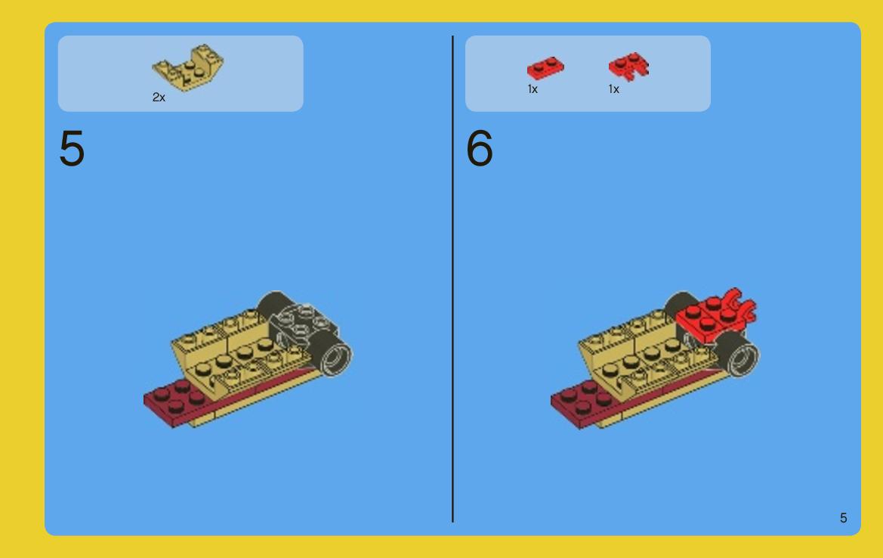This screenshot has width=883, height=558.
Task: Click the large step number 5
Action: click(x=72, y=148)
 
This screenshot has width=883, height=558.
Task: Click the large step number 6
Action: click(x=479, y=148)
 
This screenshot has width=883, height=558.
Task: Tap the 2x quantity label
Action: click(x=159, y=98)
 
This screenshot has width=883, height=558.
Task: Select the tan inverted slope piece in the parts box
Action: click(x=187, y=67)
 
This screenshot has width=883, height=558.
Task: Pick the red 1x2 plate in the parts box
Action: click(x=545, y=67)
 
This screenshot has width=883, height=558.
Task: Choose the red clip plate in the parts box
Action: click(x=628, y=67)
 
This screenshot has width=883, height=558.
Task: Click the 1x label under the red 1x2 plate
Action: click(x=533, y=89)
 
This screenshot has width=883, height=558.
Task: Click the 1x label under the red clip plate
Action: click(x=614, y=89)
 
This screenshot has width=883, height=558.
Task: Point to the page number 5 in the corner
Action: click(x=843, y=518)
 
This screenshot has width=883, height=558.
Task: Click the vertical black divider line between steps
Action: click(x=452, y=279)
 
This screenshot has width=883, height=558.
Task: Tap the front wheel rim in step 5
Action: click(x=336, y=356)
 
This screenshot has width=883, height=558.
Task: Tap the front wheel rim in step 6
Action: click(x=743, y=356)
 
